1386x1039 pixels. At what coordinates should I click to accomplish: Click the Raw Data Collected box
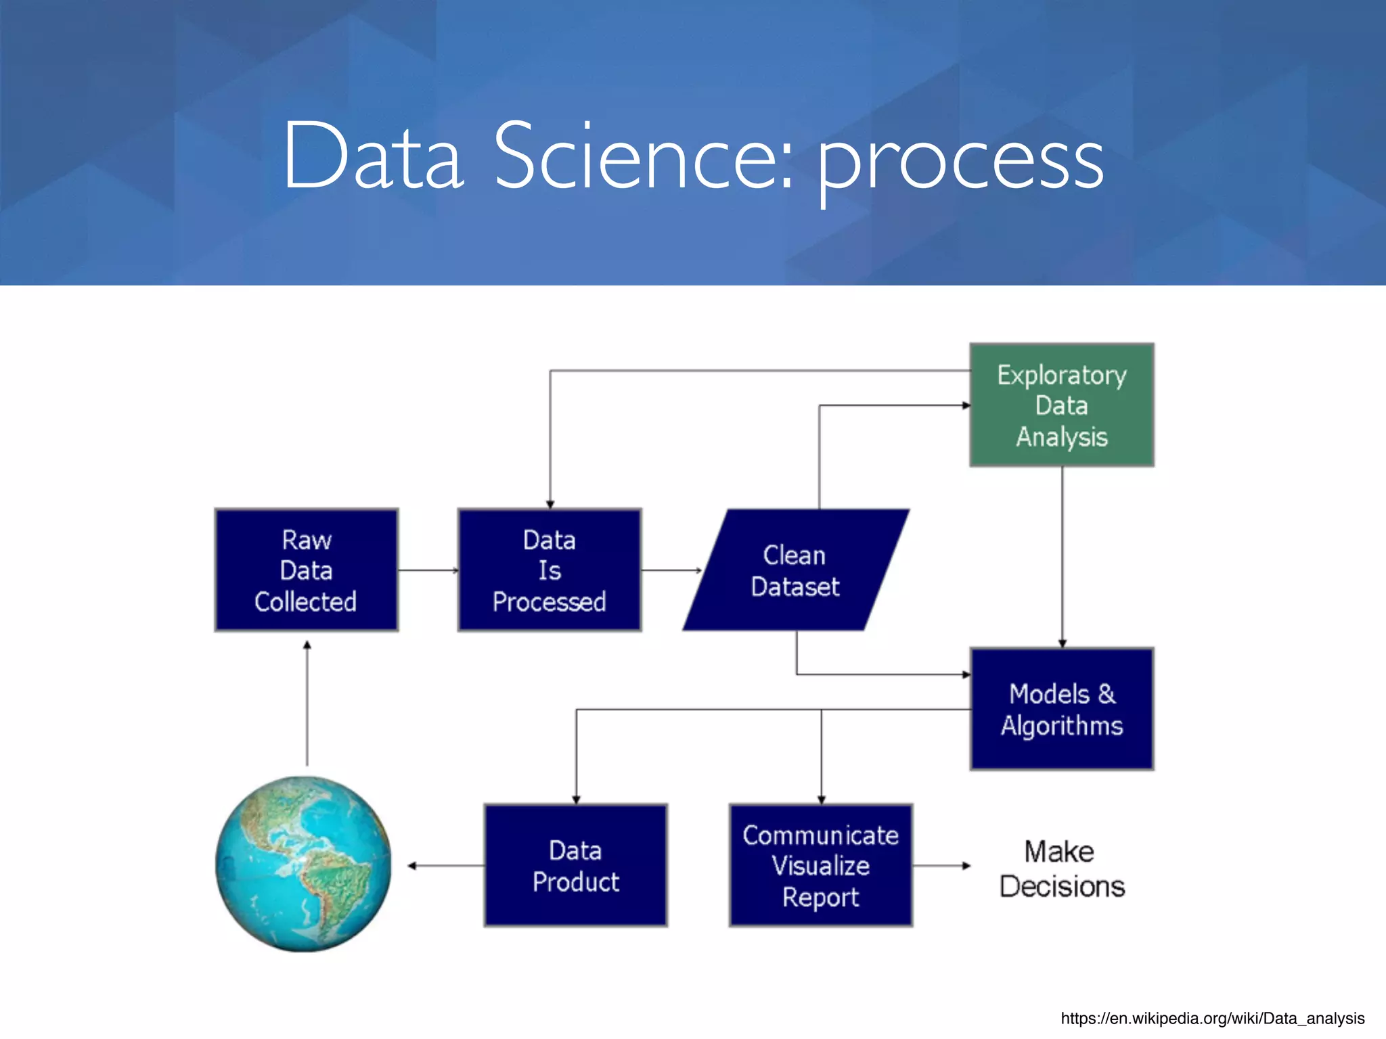(306, 570)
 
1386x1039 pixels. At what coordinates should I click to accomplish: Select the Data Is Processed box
(549, 570)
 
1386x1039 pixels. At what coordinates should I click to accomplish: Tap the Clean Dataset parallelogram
(795, 570)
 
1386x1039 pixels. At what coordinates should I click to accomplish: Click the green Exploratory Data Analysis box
(1061, 405)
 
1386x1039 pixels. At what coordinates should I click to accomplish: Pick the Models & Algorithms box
(1061, 709)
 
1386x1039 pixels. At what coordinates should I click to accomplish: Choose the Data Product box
(575, 865)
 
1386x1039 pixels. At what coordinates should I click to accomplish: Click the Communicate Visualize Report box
(820, 865)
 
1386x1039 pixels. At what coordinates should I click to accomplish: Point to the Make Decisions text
(1061, 869)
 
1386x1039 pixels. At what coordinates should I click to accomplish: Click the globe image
(303, 864)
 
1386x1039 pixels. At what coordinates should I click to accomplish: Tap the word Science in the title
(643, 157)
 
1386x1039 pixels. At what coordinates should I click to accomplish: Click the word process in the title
(961, 162)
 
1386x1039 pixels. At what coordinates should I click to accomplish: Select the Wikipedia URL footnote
(1212, 1018)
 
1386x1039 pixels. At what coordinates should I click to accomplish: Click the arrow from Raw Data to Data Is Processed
(428, 570)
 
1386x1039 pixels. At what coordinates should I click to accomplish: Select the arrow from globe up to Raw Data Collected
(307, 703)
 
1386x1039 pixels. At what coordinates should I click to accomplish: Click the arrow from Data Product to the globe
(447, 866)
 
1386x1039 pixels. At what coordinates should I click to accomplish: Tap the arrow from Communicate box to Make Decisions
(941, 866)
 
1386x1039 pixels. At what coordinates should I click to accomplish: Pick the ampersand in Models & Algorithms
(1106, 694)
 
